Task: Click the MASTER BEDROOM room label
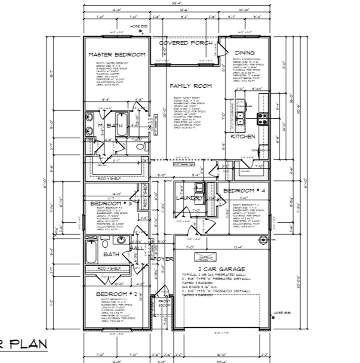coord(117,55)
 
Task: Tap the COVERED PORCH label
coord(185,43)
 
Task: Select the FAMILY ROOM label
coord(191,86)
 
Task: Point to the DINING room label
coord(244,52)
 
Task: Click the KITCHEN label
coord(243,136)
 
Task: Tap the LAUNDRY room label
coord(189,198)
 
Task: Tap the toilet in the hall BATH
coord(105,244)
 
